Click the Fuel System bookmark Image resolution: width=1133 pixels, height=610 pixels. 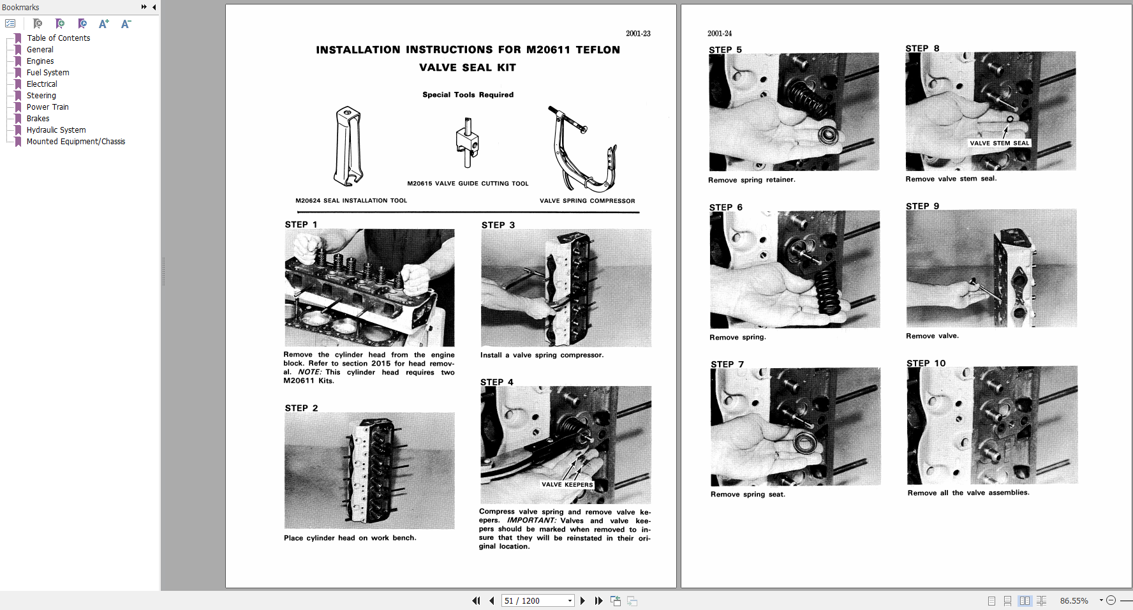(x=48, y=73)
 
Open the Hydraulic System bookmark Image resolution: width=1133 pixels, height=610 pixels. (x=56, y=130)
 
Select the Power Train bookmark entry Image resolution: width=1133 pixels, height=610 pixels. (x=47, y=107)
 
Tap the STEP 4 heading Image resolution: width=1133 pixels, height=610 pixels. (x=496, y=382)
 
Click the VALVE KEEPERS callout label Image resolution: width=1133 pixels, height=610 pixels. (x=567, y=485)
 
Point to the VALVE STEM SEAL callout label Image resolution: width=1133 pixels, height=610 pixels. (x=999, y=144)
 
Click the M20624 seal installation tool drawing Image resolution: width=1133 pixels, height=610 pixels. (x=348, y=147)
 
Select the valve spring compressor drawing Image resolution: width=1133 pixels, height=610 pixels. (x=582, y=150)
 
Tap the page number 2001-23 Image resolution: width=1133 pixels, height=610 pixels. (x=638, y=34)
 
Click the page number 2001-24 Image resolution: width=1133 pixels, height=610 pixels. (x=720, y=34)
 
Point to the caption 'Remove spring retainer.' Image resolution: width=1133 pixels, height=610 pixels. (x=752, y=180)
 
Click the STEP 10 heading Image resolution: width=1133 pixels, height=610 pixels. (x=926, y=363)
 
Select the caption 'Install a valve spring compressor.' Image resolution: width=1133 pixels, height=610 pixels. (x=542, y=355)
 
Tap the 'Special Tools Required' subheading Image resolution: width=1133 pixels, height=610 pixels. (x=468, y=94)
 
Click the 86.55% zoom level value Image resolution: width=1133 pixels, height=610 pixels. (x=1074, y=600)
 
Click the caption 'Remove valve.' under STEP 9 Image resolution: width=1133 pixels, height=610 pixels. (x=932, y=336)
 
